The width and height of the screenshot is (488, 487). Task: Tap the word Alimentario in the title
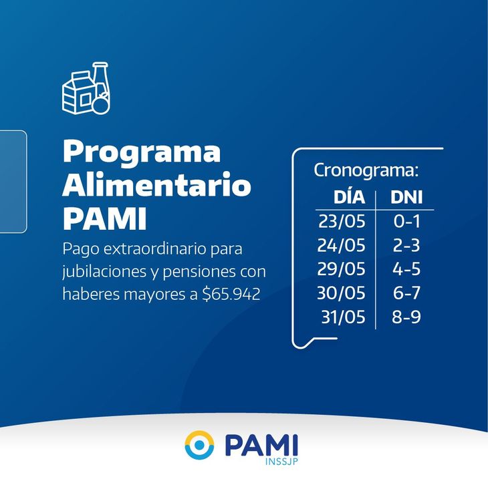(156, 186)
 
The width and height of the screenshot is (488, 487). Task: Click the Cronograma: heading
(366, 170)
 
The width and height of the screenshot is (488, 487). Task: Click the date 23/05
(341, 221)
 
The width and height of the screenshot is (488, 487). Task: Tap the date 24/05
(341, 245)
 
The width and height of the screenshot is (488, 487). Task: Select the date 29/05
(341, 269)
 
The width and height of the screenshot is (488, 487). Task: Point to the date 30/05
(341, 293)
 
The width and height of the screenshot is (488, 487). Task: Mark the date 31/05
(342, 317)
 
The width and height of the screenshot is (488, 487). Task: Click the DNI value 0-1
(406, 221)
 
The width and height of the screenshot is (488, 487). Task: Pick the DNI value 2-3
(406, 245)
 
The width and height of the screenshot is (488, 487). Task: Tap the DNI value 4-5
(406, 269)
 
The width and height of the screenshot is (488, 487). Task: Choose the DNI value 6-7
(406, 293)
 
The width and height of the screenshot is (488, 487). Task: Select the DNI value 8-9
(406, 317)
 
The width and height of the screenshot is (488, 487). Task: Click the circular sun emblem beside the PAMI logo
(199, 445)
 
